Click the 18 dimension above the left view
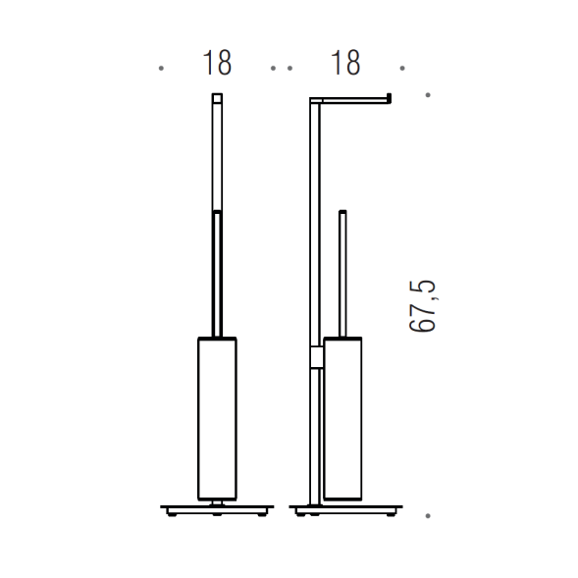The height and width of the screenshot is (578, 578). (217, 63)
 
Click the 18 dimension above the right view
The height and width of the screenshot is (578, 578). (345, 63)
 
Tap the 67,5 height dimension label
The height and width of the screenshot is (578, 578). (422, 307)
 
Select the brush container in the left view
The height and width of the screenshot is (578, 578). (217, 419)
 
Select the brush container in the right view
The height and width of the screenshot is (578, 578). (342, 419)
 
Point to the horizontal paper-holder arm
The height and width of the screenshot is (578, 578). (350, 100)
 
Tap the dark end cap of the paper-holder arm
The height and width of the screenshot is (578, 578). (389, 98)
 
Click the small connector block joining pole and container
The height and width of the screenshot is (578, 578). (317, 357)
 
